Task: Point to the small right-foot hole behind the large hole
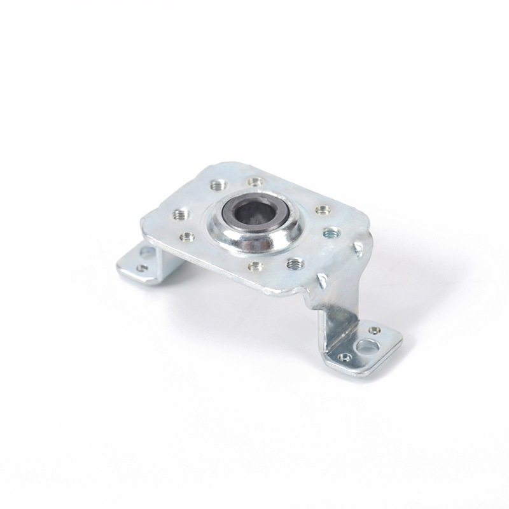coord(375,330)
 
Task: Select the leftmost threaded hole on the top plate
coord(176,214)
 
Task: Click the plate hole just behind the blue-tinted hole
coord(321,209)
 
